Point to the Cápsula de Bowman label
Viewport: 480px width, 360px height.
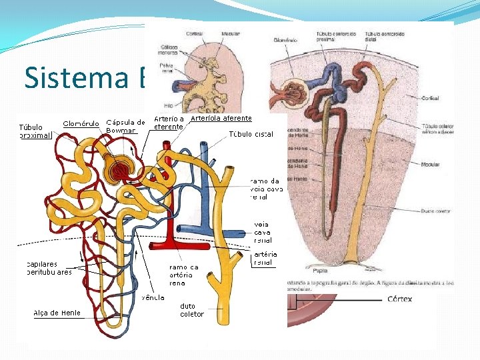coord(125,126)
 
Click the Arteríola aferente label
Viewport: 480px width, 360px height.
coord(221,118)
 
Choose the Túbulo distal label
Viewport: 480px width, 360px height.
coord(251,134)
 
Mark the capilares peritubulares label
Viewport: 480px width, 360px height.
coord(49,268)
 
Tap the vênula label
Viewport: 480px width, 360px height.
coord(153,297)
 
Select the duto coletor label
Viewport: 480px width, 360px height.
coord(193,310)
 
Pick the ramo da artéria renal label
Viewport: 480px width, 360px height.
coord(184,274)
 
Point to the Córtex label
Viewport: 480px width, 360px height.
coord(399,299)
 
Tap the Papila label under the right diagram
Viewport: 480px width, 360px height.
coord(320,271)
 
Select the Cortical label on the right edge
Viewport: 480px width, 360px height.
coord(430,97)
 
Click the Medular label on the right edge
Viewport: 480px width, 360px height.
coord(430,164)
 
